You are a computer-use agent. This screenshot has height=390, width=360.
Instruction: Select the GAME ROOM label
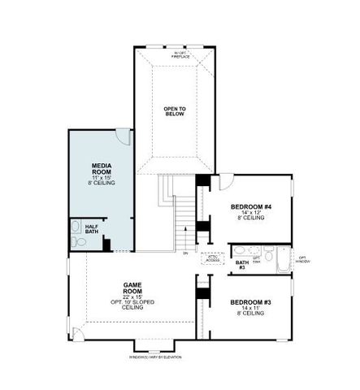click(132, 285)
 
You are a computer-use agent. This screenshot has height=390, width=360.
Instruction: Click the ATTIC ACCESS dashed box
click(212, 259)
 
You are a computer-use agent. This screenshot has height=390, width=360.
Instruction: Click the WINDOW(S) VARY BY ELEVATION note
click(154, 357)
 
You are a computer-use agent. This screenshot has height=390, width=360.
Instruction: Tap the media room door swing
click(121, 136)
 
